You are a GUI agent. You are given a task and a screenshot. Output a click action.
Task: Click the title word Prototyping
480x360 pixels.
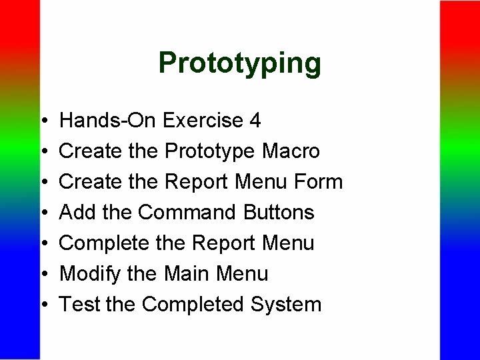[x=240, y=63]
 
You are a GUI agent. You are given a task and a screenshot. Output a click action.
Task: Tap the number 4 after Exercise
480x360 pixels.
[x=254, y=121]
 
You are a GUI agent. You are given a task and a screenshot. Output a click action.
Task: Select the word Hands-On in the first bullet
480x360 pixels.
[x=108, y=121]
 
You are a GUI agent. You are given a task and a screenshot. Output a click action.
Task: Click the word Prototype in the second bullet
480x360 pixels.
[x=209, y=152]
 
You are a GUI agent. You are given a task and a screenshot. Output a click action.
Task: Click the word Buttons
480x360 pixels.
[x=278, y=213]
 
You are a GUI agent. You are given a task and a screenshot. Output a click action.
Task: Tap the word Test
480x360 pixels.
[x=79, y=305]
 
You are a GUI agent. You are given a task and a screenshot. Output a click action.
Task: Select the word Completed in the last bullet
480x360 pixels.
[x=193, y=305]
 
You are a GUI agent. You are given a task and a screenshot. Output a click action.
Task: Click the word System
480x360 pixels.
[x=285, y=305]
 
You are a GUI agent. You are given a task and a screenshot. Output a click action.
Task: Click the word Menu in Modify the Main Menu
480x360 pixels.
[x=243, y=274]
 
